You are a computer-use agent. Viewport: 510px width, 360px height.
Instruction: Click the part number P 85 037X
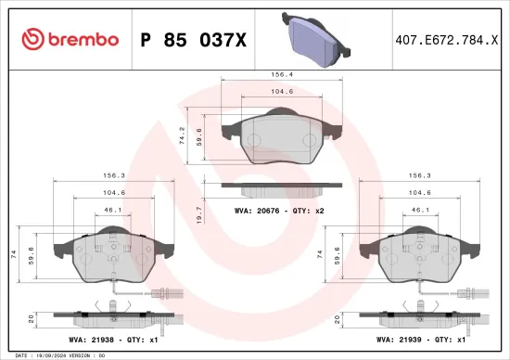pyautogui.click(x=191, y=39)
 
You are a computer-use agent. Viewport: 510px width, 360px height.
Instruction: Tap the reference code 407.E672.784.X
pyautogui.click(x=440, y=39)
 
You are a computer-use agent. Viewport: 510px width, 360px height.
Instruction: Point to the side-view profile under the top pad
pyautogui.click(x=281, y=188)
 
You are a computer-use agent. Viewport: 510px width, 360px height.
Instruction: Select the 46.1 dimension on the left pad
pyautogui.click(x=112, y=211)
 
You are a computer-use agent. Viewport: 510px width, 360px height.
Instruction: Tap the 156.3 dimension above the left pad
pyautogui.click(x=108, y=174)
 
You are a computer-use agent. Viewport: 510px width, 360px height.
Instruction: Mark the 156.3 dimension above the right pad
pyautogui.click(x=421, y=174)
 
